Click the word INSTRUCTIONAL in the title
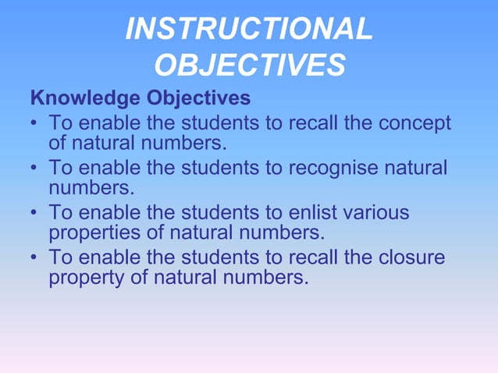[x=249, y=30]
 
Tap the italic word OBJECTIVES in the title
[x=249, y=66]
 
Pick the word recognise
[x=348, y=168]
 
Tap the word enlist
[x=315, y=212]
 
